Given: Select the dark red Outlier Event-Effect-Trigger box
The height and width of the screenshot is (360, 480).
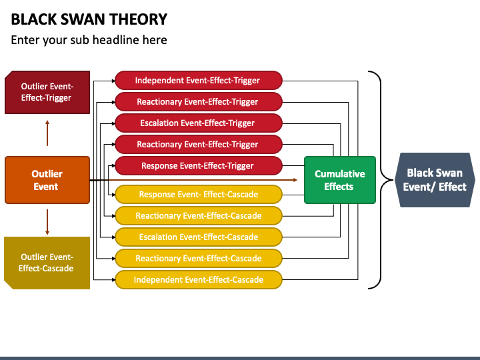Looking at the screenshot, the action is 47,92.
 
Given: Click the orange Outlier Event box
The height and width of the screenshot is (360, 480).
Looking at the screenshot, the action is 47,180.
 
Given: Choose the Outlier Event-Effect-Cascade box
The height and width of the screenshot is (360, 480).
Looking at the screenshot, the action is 47,263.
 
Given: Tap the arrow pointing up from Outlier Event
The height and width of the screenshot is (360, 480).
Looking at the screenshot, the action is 47,133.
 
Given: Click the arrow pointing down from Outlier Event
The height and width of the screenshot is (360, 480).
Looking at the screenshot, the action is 47,222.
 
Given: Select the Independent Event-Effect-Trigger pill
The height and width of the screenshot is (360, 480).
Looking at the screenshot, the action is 199,80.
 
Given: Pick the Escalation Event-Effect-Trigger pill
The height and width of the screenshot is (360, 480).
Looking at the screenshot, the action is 199,123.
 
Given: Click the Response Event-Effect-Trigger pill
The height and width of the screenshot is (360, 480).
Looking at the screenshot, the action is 199,165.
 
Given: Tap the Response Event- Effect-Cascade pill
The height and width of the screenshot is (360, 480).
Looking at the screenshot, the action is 199,195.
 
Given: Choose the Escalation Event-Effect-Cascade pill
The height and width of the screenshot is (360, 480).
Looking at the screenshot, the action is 199,237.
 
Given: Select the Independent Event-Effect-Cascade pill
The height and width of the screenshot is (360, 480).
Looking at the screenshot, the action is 199,280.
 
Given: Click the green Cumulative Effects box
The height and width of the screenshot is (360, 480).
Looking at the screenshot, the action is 340,180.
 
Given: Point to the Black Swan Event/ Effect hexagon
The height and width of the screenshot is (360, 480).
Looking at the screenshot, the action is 435,180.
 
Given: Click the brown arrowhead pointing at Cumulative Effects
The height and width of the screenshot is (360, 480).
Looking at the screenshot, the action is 295,180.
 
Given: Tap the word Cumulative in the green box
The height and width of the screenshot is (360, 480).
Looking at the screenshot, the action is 340,174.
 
